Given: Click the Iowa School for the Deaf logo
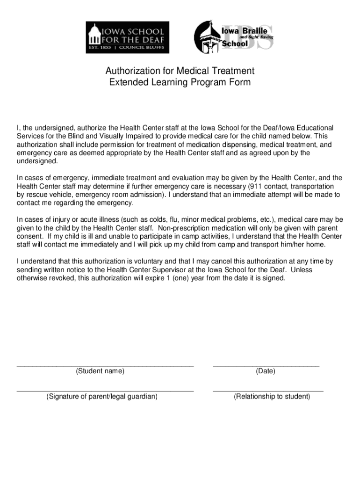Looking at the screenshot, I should (x=127, y=37).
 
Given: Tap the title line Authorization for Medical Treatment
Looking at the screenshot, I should (x=180, y=71).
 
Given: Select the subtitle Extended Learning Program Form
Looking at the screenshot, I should (x=180, y=82).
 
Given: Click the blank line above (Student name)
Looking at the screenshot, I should (x=105, y=365).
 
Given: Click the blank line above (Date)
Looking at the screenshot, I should (x=266, y=365).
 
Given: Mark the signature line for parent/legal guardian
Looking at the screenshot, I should (x=105, y=390).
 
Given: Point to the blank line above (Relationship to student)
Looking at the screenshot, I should (x=268, y=390).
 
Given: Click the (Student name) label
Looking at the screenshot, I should (x=100, y=371).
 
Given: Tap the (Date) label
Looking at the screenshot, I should (x=266, y=371).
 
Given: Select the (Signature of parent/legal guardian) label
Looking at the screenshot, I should (x=101, y=397).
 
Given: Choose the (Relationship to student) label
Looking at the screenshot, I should (x=272, y=397).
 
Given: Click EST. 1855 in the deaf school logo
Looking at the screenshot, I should (x=98, y=48).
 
